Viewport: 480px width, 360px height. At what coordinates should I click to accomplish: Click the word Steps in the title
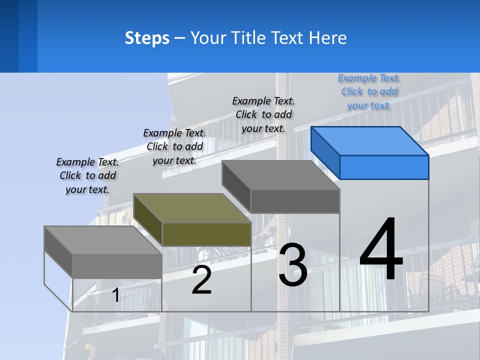pos(147,38)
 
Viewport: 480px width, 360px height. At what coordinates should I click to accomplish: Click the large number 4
pos(381,248)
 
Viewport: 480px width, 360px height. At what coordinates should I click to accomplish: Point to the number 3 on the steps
pos(293,264)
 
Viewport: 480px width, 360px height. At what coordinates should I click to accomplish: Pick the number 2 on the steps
pos(201,280)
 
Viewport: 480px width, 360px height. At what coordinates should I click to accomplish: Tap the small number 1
pos(115,295)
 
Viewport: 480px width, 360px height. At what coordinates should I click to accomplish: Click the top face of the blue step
pos(369,141)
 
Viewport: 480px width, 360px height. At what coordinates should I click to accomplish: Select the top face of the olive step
pos(192,208)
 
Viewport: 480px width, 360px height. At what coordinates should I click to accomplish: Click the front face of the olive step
pos(206,234)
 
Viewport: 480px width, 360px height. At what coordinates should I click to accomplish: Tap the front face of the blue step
pos(384,167)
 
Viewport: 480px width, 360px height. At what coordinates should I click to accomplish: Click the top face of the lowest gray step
pos(103,240)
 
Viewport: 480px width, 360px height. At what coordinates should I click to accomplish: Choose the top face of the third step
pos(280,175)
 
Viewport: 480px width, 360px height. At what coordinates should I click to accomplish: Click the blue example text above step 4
pos(369,91)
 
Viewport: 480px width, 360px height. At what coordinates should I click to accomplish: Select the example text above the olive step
pos(174,146)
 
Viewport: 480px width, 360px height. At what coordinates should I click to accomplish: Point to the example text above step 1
pos(87,175)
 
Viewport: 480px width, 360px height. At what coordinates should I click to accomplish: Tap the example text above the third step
pos(263,114)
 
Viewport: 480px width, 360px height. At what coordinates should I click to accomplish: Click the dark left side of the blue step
pos(325,153)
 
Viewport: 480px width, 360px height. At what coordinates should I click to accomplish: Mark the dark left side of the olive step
pos(148,219)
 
